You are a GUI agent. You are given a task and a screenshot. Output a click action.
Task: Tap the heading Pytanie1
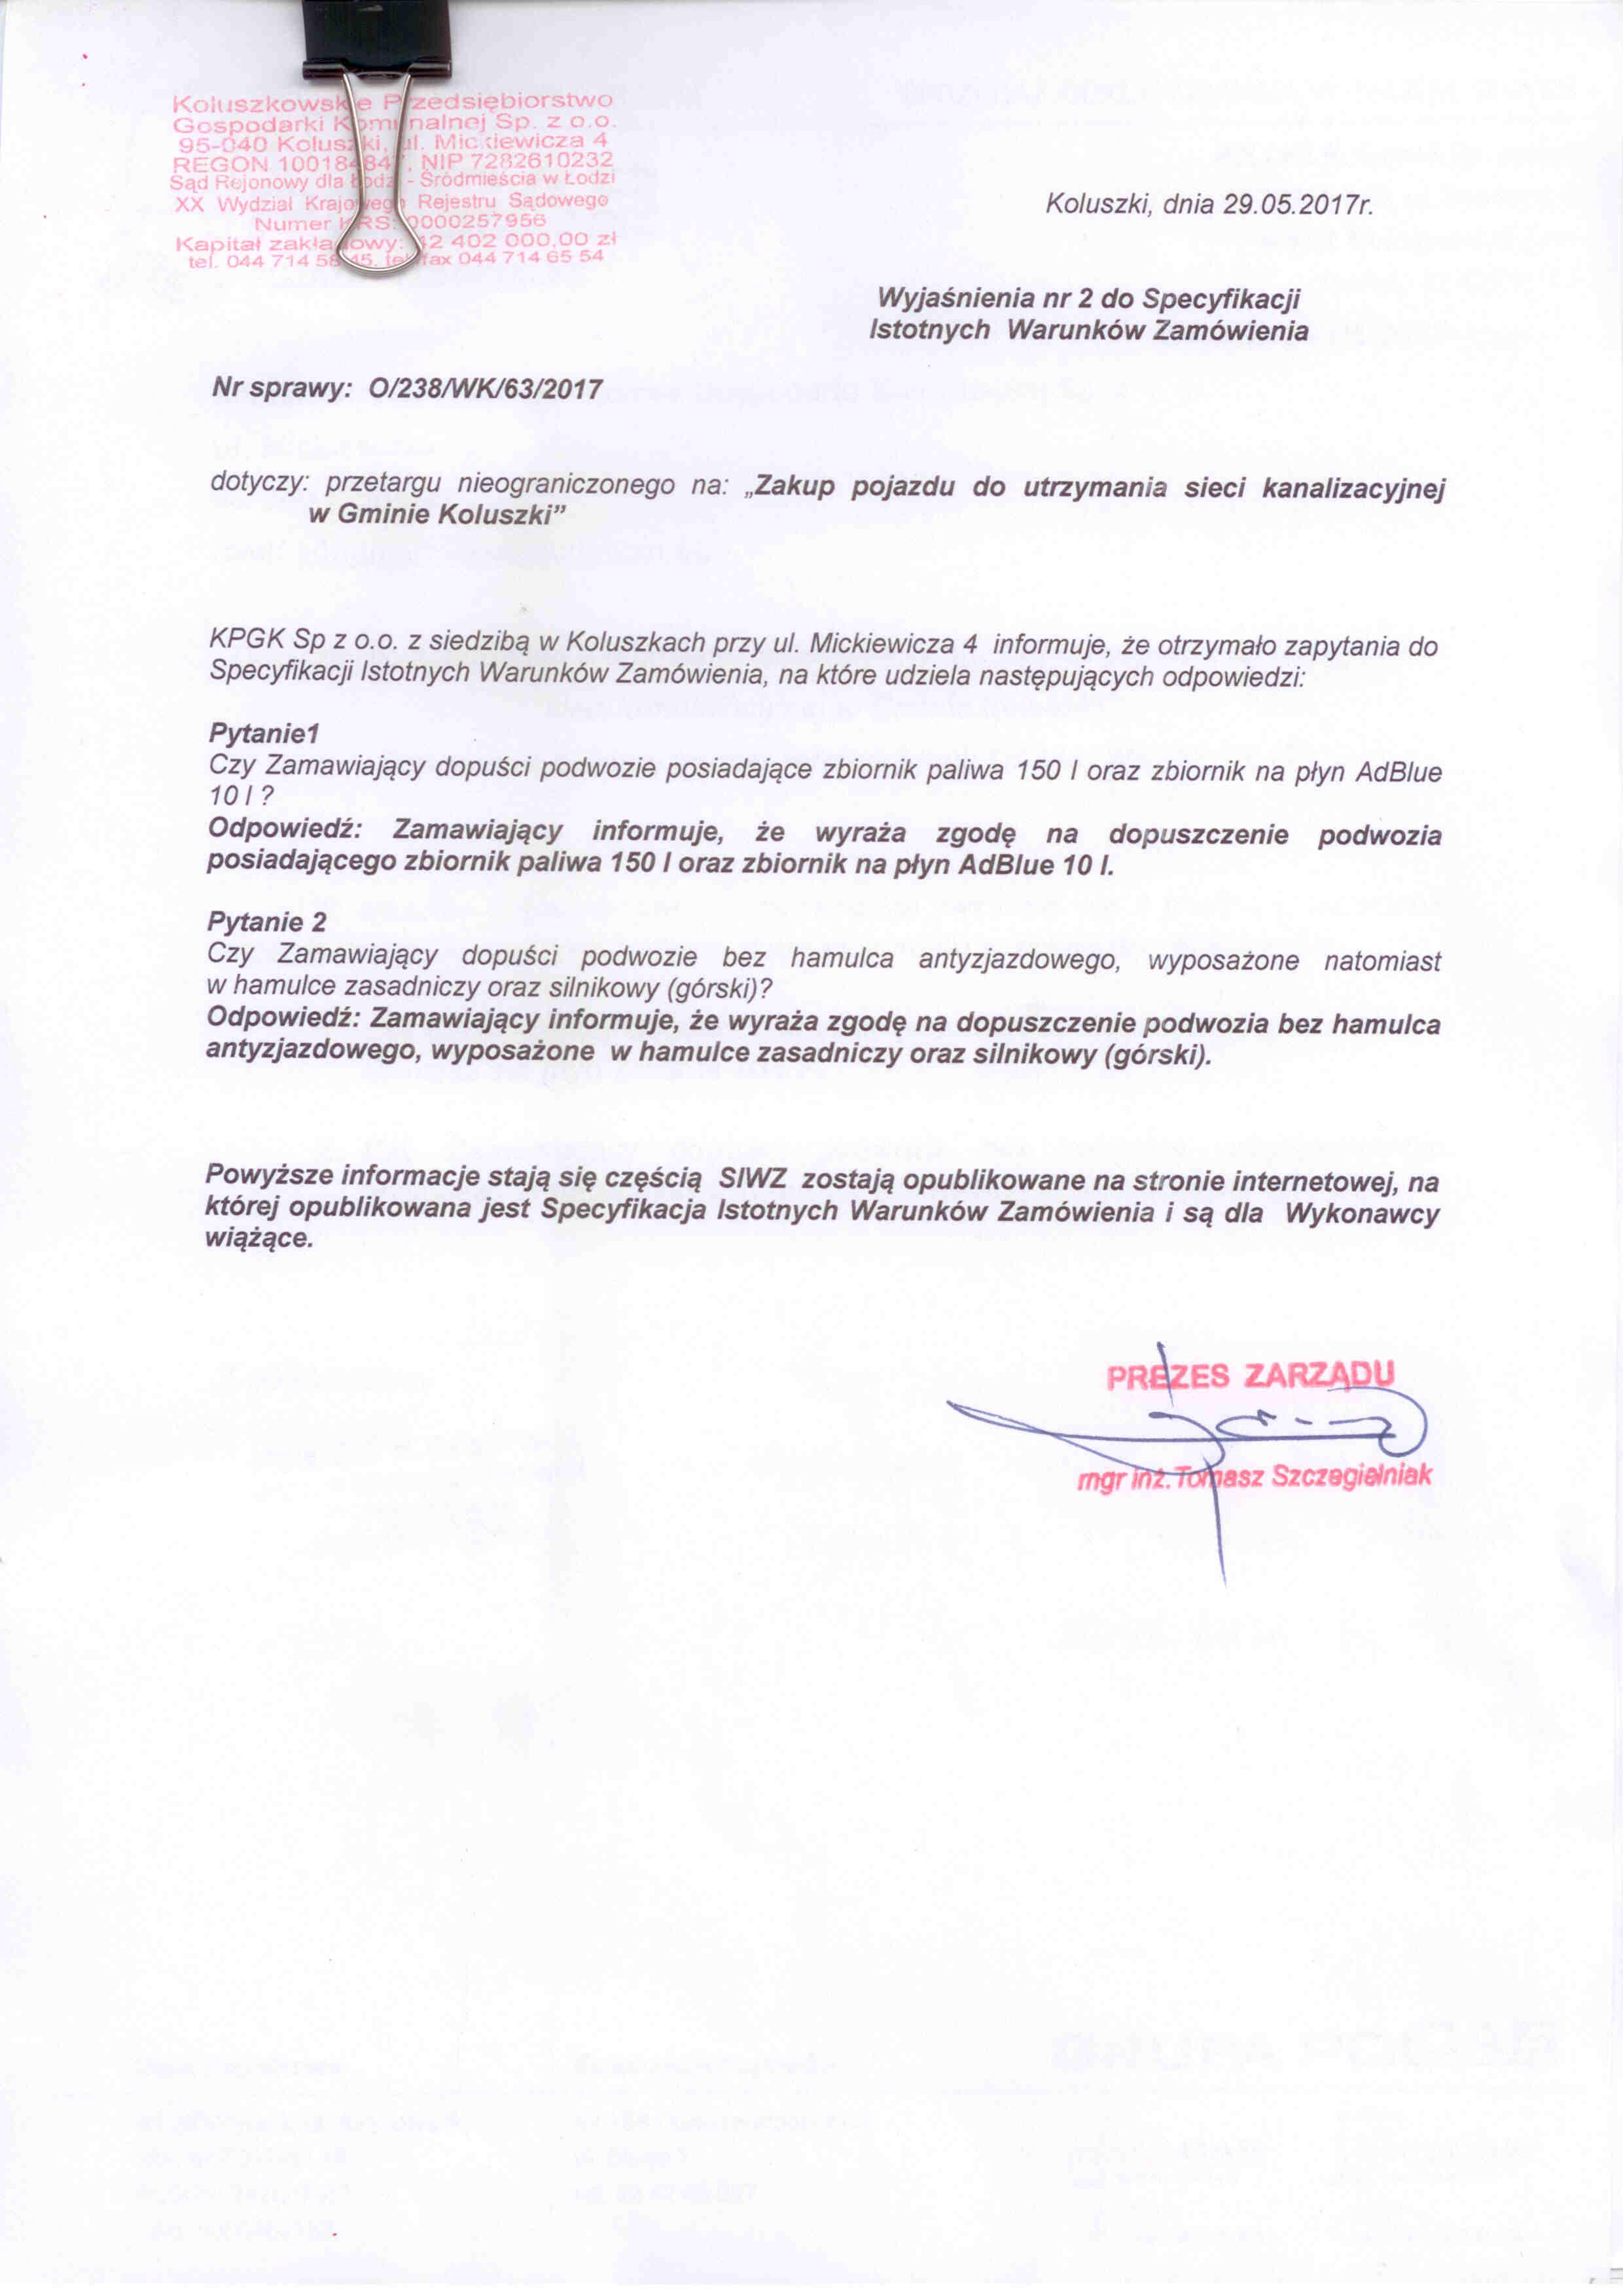coord(263,734)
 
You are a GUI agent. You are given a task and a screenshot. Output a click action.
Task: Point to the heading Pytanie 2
coord(267,920)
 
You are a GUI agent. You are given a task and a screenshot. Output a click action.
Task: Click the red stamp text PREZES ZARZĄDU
coord(1249,1377)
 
